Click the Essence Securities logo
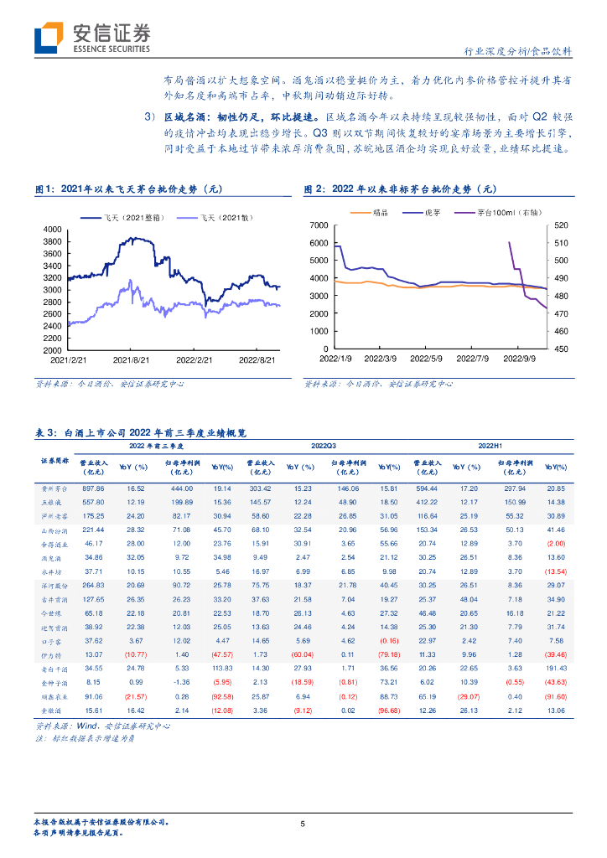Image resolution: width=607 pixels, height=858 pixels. (x=94, y=38)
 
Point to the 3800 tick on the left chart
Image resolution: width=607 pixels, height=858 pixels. (x=52, y=241)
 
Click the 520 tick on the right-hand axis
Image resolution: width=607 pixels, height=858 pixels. (x=562, y=226)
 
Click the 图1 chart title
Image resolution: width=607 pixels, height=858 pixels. (x=135, y=189)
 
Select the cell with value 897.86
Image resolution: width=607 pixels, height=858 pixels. (x=92, y=488)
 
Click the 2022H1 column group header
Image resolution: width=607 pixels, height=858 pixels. (x=490, y=447)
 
